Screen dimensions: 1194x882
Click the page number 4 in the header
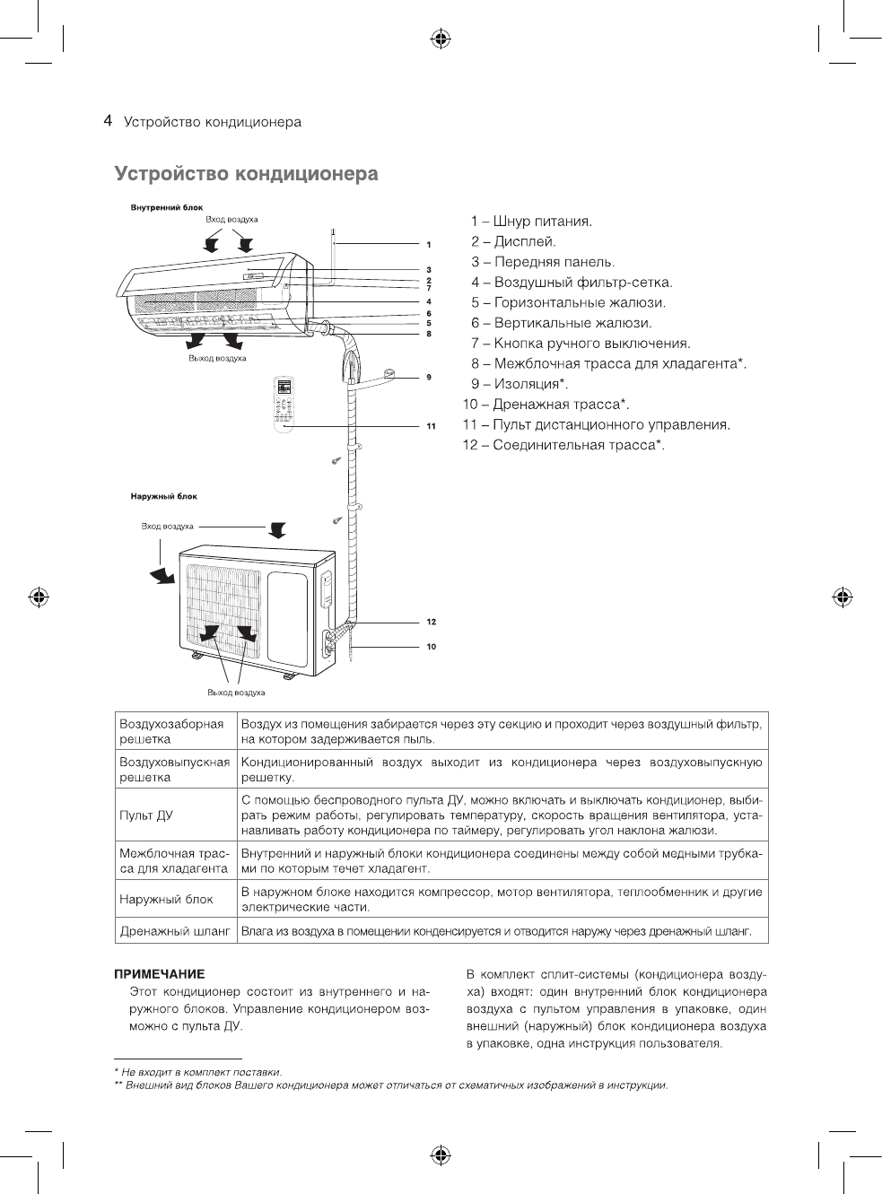(x=108, y=121)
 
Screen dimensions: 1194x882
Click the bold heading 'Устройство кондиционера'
(x=246, y=174)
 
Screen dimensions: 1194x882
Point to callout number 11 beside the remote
(x=431, y=425)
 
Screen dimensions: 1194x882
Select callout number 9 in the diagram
(x=429, y=377)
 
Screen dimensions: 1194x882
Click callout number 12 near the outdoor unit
(x=431, y=622)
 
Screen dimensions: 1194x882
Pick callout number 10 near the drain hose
(x=431, y=646)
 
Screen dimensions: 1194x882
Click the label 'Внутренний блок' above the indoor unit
(x=167, y=207)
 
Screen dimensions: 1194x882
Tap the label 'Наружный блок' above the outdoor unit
(x=164, y=496)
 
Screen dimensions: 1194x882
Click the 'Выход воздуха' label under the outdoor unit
(x=236, y=693)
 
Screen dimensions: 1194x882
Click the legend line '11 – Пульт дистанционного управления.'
(x=596, y=425)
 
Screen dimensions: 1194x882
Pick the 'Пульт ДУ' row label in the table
(x=146, y=815)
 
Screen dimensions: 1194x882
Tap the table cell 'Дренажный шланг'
(x=174, y=932)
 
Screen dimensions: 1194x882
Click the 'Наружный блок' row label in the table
(x=166, y=899)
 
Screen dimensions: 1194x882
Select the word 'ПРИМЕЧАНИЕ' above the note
(x=160, y=973)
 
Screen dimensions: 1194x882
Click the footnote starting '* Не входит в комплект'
(x=198, y=1072)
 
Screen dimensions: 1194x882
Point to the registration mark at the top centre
(x=441, y=39)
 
